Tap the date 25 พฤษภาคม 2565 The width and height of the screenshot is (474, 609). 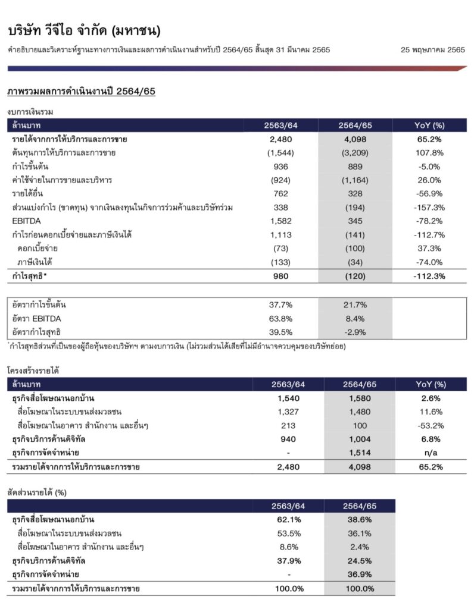(433, 49)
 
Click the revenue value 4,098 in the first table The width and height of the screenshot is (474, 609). (355, 140)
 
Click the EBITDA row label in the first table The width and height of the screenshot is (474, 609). (24, 221)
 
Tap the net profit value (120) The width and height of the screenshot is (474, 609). (355, 276)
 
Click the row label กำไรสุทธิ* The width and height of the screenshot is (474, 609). (29, 276)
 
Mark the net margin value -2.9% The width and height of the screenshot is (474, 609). (355, 332)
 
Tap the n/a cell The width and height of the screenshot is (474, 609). (430, 453)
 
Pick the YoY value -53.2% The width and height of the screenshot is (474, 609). (430, 425)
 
